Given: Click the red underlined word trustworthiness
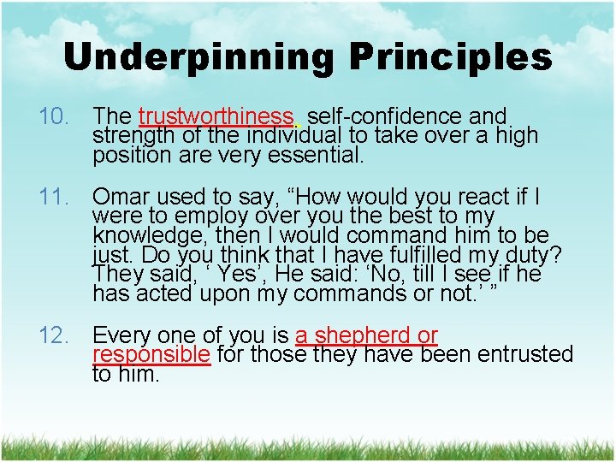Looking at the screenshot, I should (216, 115).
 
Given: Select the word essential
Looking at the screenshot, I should (318, 156).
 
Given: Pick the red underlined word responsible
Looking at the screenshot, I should (151, 354).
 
